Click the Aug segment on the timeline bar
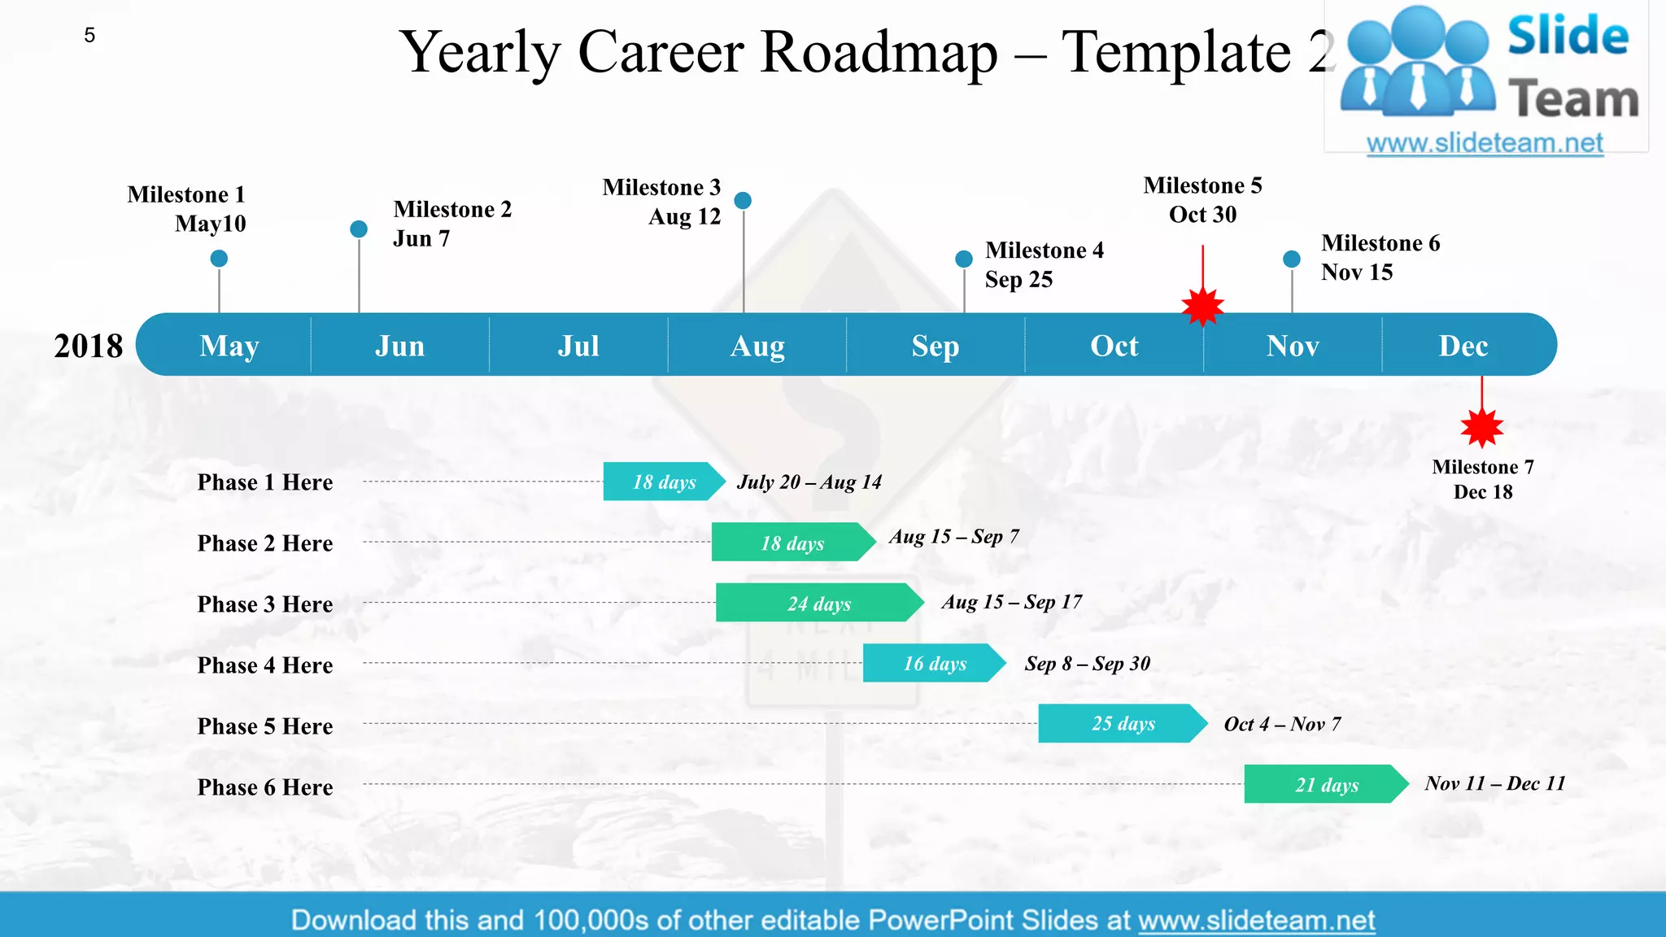tap(757, 346)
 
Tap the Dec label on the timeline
tap(1463, 346)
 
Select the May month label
tap(229, 346)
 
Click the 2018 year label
tap(88, 346)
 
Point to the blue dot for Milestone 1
tap(219, 259)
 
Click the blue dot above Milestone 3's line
tap(743, 200)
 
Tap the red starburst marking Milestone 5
tap(1202, 307)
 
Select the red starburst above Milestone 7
tap(1481, 427)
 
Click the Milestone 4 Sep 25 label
tap(1044, 264)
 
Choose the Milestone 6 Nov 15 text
tap(1380, 257)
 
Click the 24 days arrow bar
tap(818, 603)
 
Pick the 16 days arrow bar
tap(934, 663)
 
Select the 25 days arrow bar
tap(1122, 723)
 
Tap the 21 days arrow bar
tap(1326, 784)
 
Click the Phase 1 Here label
tap(265, 482)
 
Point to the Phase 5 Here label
tap(265, 726)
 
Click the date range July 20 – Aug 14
tap(809, 482)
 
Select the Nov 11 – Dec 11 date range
tap(1494, 783)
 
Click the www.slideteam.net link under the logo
tap(1485, 143)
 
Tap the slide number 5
tap(89, 35)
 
